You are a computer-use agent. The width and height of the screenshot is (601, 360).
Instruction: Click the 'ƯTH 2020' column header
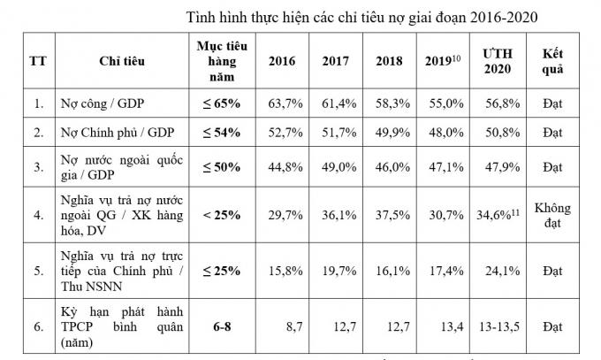coord(497,61)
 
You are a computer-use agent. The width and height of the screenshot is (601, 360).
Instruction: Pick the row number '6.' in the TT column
coord(38,326)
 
